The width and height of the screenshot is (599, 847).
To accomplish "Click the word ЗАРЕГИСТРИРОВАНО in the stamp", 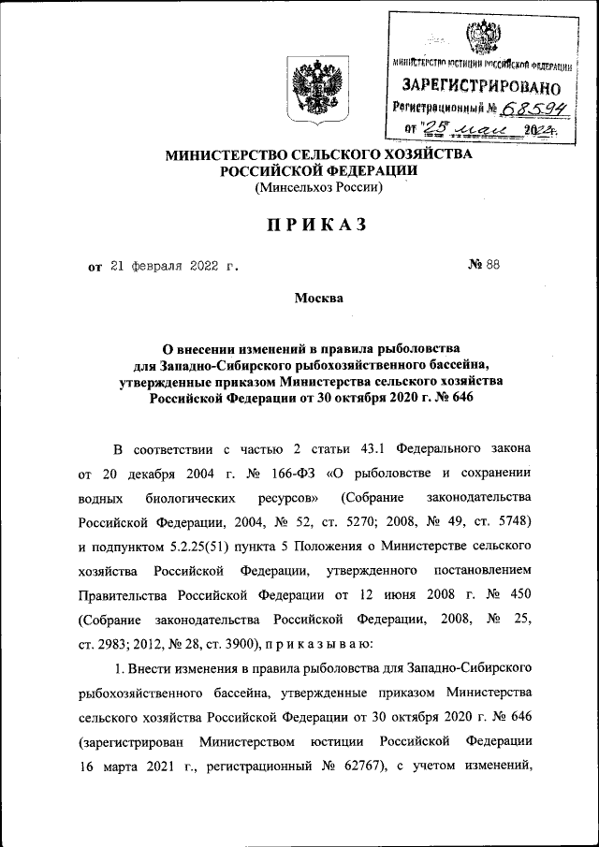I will click(x=481, y=86).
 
